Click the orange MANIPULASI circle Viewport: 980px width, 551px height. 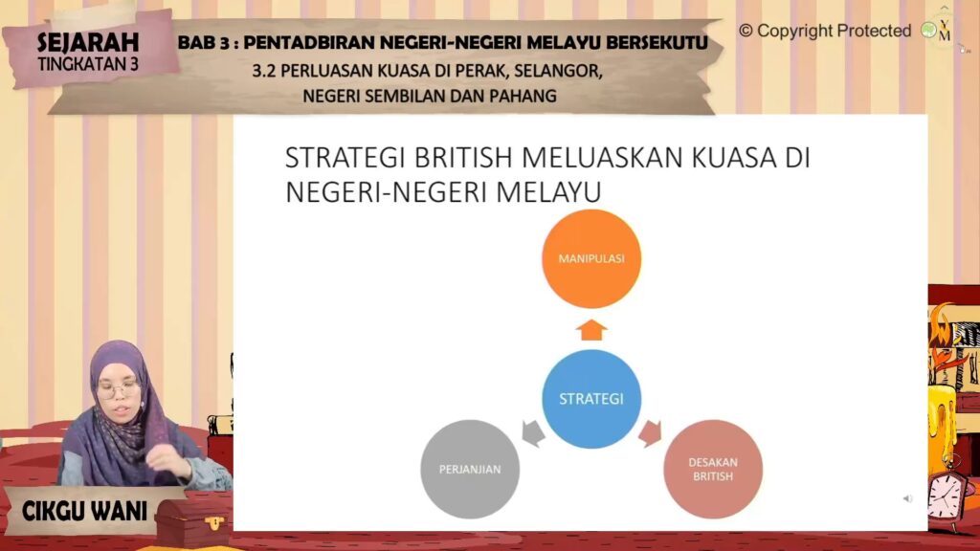591,258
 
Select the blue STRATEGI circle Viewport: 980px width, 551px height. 591,399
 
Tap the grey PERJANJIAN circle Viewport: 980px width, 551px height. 470,469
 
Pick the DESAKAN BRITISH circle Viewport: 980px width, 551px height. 713,469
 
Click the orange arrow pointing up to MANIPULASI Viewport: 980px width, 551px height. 591,330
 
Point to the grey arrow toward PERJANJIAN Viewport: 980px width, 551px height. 533,433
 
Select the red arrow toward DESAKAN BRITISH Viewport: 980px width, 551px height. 650,433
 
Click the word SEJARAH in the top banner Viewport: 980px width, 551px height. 88,42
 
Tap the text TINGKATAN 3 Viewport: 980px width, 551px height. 88,64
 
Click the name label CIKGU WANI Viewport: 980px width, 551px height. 84,512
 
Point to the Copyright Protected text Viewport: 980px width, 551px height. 825,31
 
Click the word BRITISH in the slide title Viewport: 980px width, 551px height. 463,158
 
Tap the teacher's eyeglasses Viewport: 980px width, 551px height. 117,390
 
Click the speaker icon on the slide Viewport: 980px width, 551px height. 907,498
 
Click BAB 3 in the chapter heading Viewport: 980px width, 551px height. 203,42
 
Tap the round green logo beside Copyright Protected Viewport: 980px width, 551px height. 929,30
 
